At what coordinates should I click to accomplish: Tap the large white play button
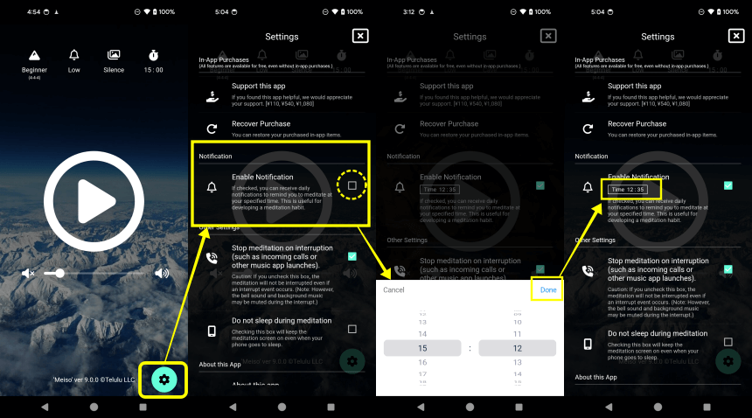pyautogui.click(x=93, y=203)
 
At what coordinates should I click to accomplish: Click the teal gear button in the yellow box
pyautogui.click(x=164, y=379)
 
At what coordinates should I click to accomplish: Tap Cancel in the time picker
pyautogui.click(x=393, y=289)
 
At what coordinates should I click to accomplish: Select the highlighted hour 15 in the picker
pyautogui.click(x=423, y=348)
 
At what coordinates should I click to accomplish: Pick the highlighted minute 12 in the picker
pyautogui.click(x=517, y=348)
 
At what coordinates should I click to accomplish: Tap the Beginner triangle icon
pyautogui.click(x=35, y=55)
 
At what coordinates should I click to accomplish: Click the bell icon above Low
pyautogui.click(x=74, y=55)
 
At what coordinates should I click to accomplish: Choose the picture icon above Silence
pyautogui.click(x=114, y=55)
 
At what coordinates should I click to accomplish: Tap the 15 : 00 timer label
pyautogui.click(x=153, y=70)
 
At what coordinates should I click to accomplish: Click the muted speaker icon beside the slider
pyautogui.click(x=27, y=273)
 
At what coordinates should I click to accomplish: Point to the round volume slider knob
pyautogui.click(x=59, y=273)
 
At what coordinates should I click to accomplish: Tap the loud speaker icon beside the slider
pyautogui.click(x=162, y=273)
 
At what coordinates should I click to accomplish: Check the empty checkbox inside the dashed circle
pyautogui.click(x=352, y=185)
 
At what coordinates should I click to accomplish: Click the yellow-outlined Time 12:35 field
pyautogui.click(x=629, y=189)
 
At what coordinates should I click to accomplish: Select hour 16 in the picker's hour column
pyautogui.click(x=423, y=361)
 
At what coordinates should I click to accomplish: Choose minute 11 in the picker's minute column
pyautogui.click(x=517, y=334)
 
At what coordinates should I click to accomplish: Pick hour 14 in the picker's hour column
pyautogui.click(x=423, y=334)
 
